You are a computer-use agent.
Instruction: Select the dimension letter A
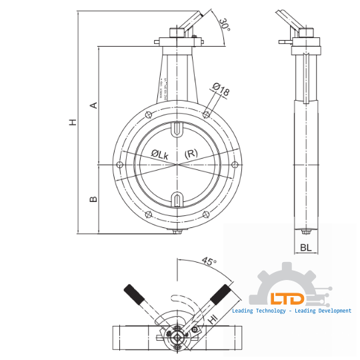click(x=94, y=105)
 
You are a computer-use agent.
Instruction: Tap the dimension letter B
click(x=94, y=198)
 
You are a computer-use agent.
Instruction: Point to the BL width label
click(x=305, y=247)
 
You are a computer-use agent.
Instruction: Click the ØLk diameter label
click(x=159, y=154)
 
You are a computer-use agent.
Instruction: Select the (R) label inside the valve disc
click(x=191, y=153)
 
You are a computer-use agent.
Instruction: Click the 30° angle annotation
click(x=224, y=25)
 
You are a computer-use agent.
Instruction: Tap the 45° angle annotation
click(x=209, y=262)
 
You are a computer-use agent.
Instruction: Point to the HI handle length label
click(x=213, y=320)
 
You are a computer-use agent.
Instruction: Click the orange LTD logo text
click(x=287, y=299)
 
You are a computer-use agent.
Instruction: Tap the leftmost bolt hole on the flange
click(x=119, y=164)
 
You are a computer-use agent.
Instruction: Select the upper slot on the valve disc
click(x=177, y=129)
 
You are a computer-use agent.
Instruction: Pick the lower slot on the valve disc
click(x=177, y=199)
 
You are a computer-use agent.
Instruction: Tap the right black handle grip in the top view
click(x=221, y=294)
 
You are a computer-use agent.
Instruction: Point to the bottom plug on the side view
click(x=305, y=231)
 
